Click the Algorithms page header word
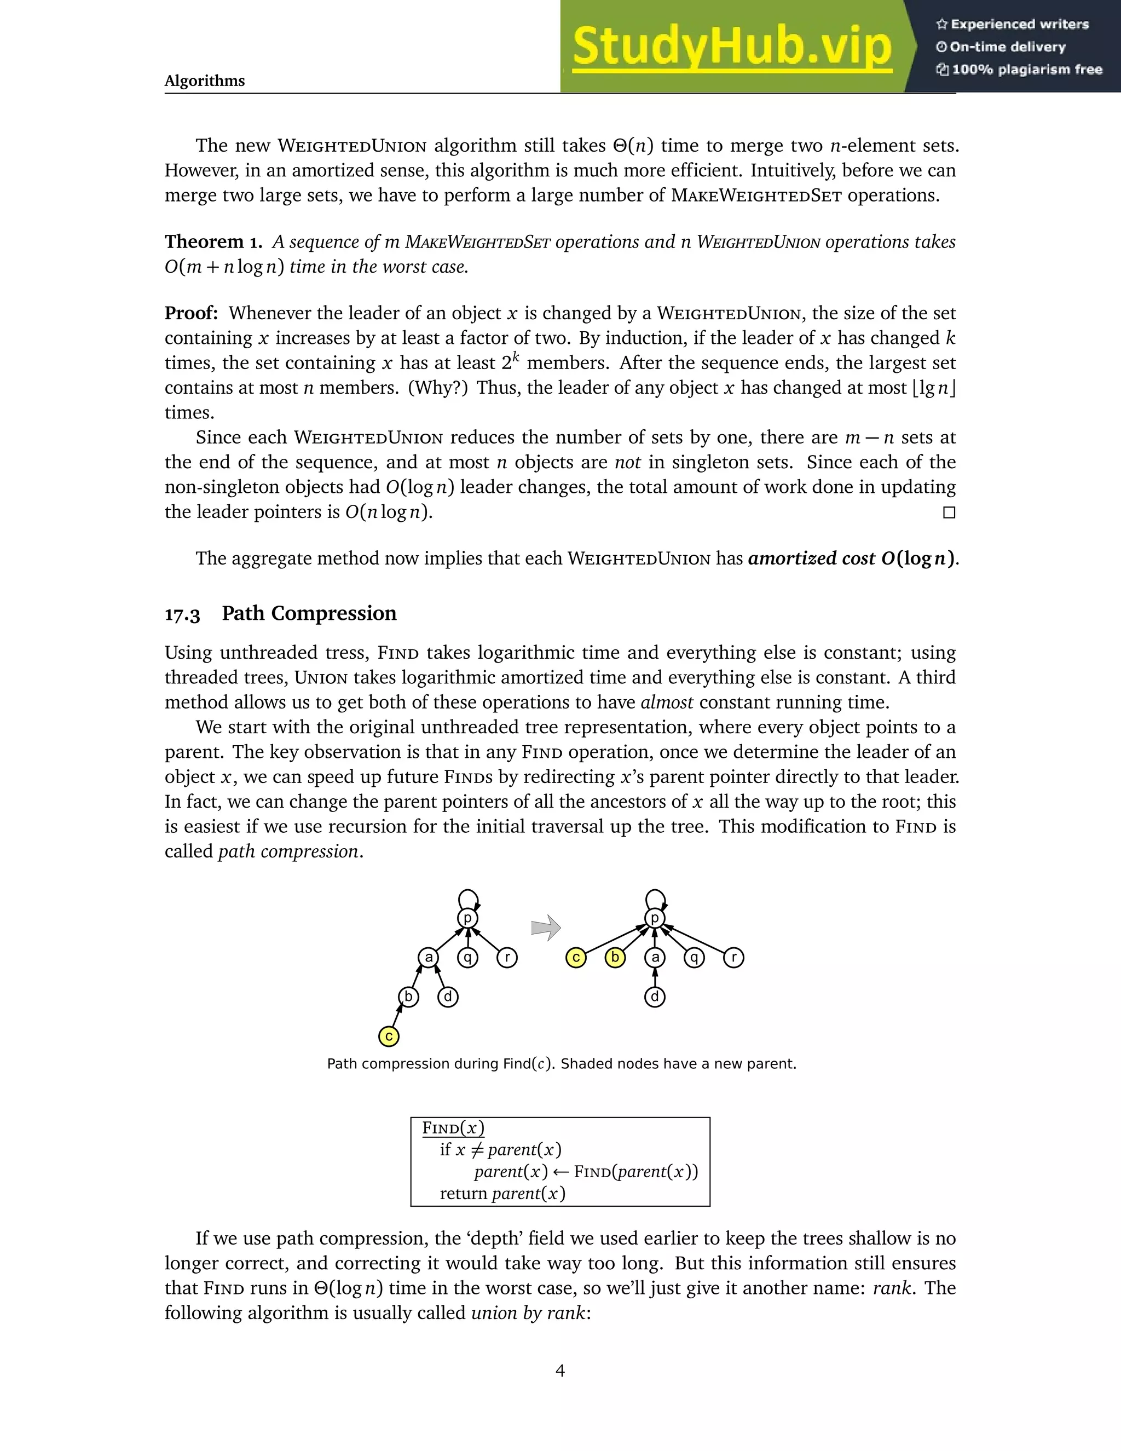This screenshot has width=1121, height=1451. click(205, 81)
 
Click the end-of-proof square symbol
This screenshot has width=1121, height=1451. click(949, 513)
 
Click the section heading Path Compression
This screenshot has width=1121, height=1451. click(309, 613)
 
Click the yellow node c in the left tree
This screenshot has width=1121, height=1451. click(389, 1036)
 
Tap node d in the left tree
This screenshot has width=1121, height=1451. click(448, 997)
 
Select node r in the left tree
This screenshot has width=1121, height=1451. click(507, 957)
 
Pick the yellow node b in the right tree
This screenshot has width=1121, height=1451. click(615, 957)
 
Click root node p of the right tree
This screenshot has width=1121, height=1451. click(655, 918)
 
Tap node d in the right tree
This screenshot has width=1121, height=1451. click(655, 997)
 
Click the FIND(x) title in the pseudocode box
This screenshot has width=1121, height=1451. click(453, 1128)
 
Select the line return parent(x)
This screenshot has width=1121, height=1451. click(502, 1193)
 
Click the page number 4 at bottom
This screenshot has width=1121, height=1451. click(560, 1371)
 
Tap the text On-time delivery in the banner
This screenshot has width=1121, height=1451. click(1007, 47)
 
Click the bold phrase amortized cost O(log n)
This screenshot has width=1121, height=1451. click(852, 558)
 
